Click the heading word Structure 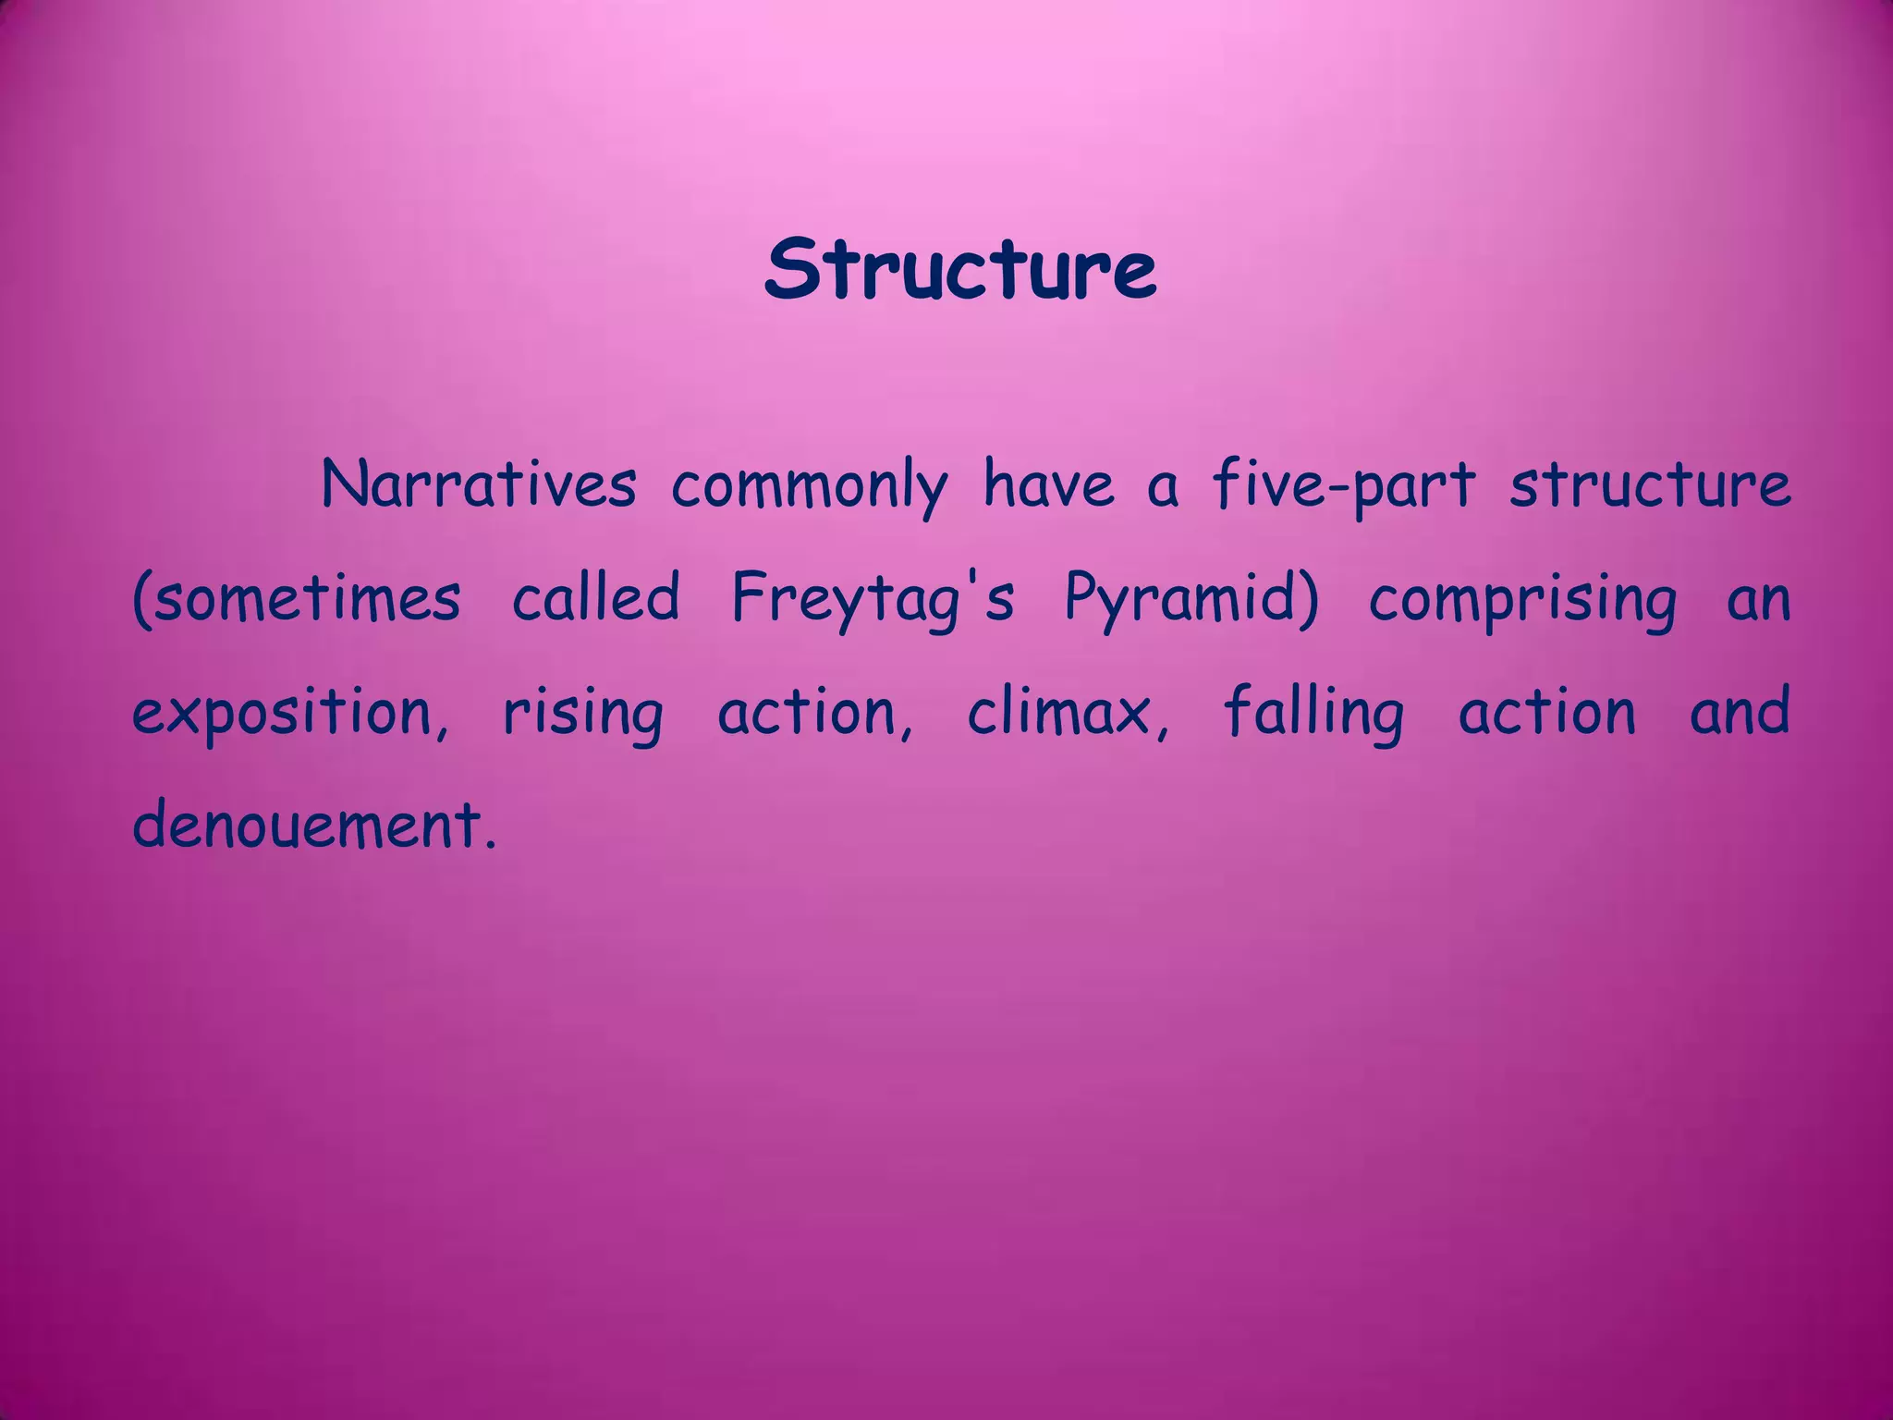(959, 269)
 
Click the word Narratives (479, 484)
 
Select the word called (596, 597)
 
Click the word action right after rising (814, 713)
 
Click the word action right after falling (1547, 713)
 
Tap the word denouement (314, 826)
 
